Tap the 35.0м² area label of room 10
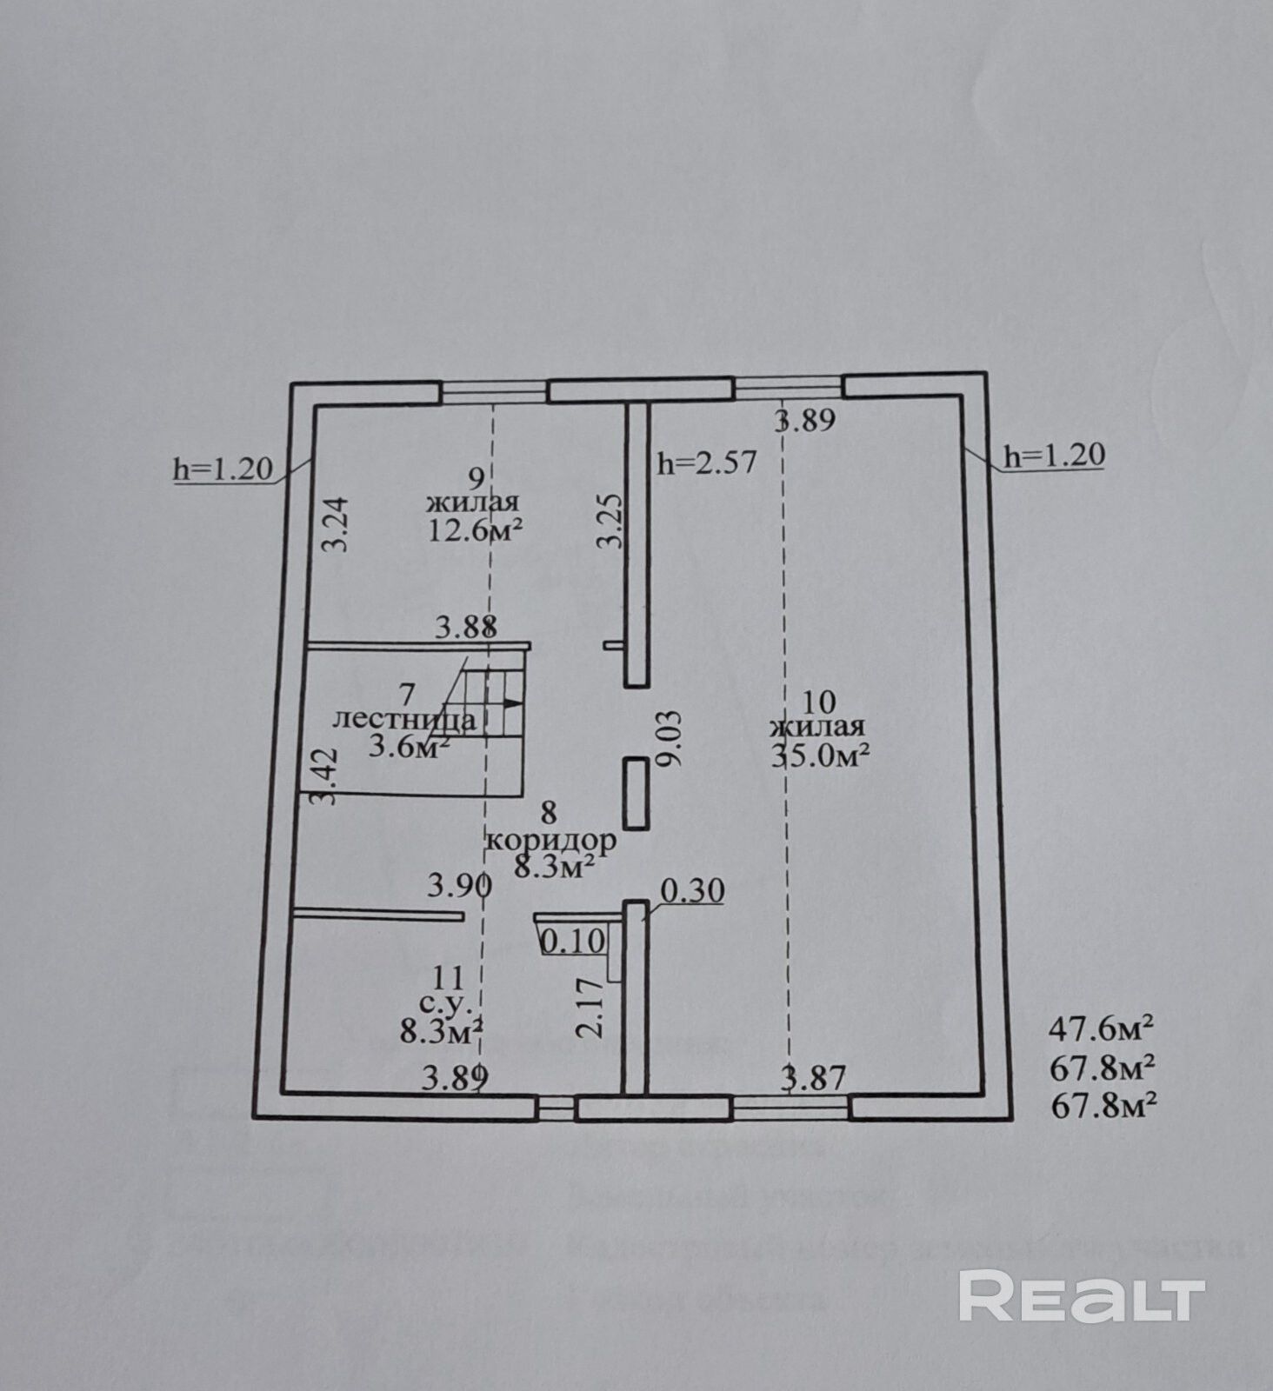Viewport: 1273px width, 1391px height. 821,755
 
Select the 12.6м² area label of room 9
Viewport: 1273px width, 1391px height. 475,529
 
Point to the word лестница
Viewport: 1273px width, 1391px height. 404,720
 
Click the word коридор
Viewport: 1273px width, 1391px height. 551,841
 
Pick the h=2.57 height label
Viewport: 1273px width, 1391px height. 707,463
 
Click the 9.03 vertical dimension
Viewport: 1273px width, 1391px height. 670,739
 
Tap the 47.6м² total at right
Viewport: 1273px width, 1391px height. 1102,1029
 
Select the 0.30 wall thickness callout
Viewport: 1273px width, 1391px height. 692,891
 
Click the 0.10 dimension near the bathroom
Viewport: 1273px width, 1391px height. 573,941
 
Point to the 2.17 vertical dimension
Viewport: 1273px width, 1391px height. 590,1007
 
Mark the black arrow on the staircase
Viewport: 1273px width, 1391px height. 512,702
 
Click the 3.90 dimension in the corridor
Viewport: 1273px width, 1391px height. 459,886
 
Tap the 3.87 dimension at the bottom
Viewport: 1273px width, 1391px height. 813,1079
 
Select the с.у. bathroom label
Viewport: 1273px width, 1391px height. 446,1004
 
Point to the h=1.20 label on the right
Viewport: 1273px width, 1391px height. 1054,455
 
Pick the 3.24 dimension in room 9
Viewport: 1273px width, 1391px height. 337,523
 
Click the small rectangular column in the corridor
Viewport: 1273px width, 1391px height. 636,793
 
